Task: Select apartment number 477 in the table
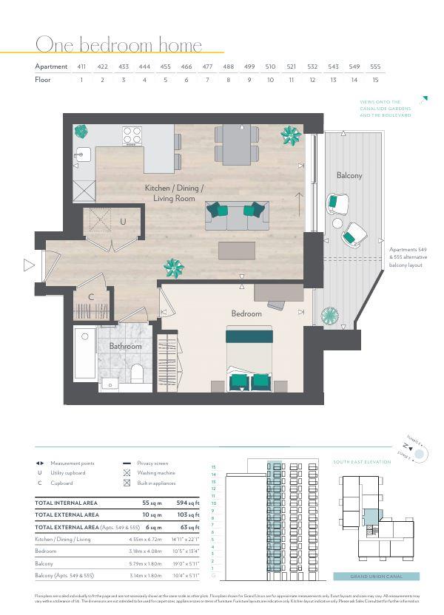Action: tap(208, 67)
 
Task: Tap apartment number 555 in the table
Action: tap(375, 67)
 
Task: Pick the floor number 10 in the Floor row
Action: tap(270, 80)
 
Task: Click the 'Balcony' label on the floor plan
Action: tap(349, 176)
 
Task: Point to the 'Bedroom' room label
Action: tap(246, 313)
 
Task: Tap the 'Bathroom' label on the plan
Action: tap(125, 345)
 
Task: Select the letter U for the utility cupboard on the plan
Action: tap(124, 221)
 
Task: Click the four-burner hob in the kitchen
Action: tap(132, 135)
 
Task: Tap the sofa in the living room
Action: tap(236, 216)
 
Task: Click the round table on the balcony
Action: tap(337, 222)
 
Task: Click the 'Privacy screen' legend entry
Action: tap(153, 462)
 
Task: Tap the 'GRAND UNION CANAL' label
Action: tap(375, 577)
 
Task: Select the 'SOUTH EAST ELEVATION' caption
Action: tap(362, 462)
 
